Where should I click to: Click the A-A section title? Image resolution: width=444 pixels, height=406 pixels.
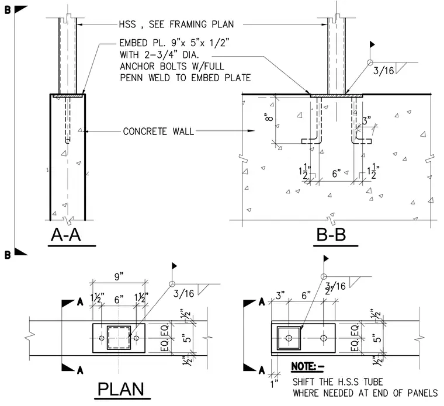coord(65,235)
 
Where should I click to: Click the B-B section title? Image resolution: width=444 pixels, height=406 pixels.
coord(331,235)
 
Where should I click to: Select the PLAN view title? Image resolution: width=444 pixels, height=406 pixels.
coord(121,389)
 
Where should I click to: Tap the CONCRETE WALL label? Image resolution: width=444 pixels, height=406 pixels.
coord(158,131)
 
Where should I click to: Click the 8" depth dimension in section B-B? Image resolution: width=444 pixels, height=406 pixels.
coord(269,117)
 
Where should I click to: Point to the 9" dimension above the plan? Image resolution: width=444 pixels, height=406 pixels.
coord(119,276)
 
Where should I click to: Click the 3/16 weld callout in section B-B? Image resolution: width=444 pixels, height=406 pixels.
coord(383,71)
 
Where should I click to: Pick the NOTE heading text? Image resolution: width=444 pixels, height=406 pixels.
coord(307,366)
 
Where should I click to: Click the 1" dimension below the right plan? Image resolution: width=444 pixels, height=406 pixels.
coord(274,384)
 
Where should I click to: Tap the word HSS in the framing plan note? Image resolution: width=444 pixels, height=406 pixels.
coord(127,25)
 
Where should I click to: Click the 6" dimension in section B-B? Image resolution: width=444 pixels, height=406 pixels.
coord(337,173)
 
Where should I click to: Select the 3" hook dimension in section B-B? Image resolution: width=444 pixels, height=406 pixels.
coord(366,121)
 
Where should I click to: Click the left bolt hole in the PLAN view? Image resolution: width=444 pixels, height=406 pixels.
coord(102,338)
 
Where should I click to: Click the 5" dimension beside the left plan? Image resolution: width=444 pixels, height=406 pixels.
coord(187,338)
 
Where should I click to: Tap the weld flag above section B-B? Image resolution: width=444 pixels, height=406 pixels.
coord(372,44)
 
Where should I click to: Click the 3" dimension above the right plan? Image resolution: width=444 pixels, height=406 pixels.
coord(280,296)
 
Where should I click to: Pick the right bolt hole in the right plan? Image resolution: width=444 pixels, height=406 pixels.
coord(324,338)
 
